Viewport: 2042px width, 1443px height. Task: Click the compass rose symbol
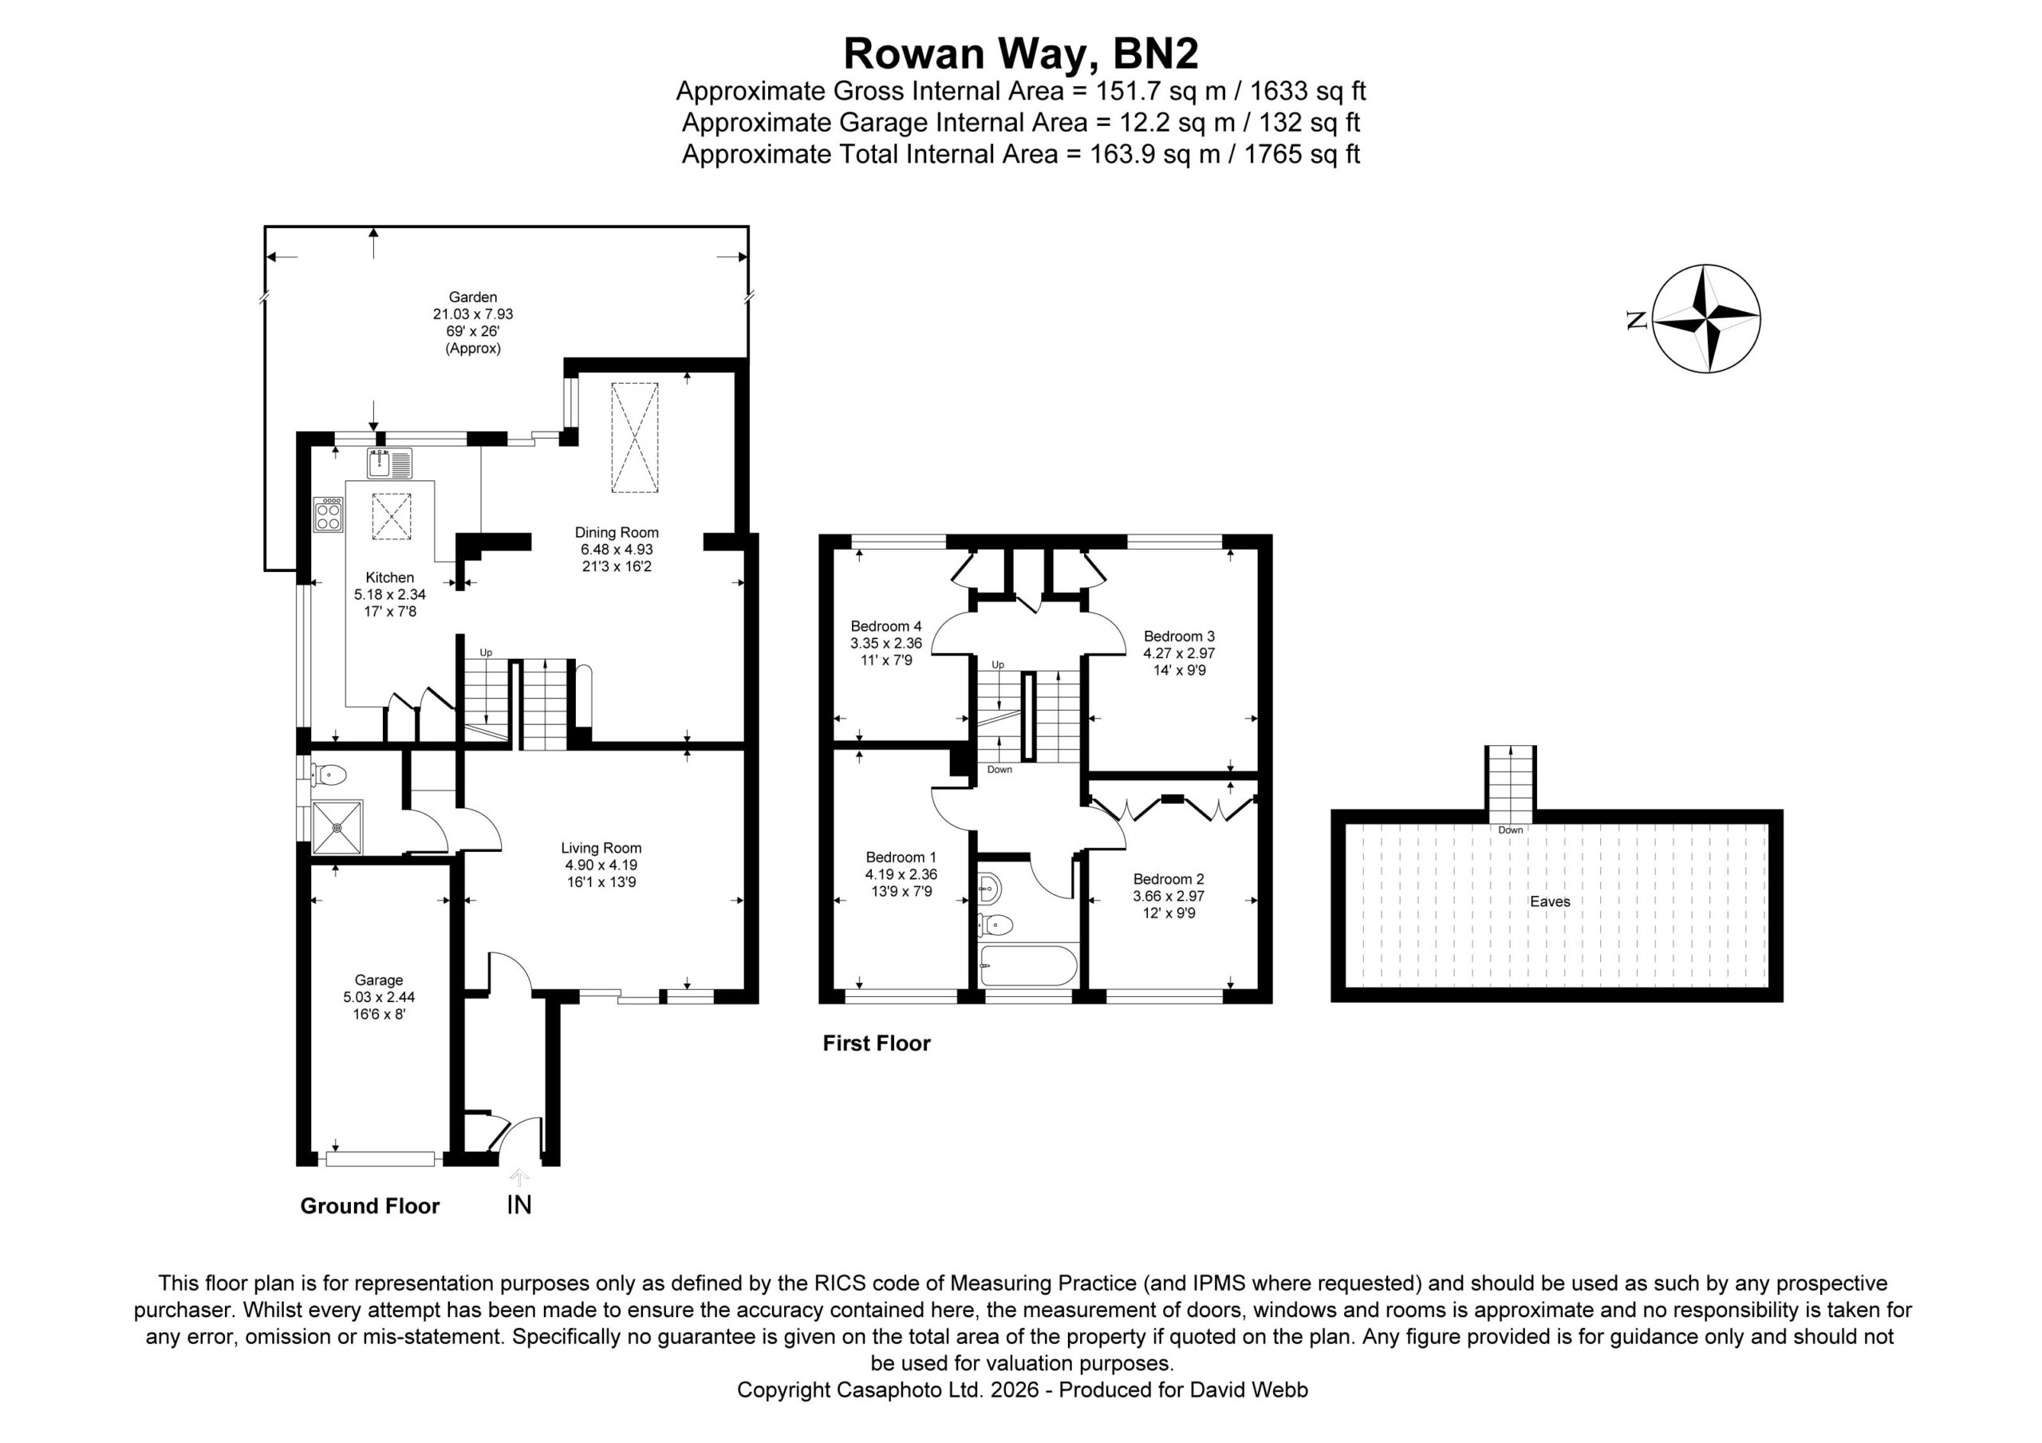pos(1706,317)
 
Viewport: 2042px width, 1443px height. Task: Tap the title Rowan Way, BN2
pos(1020,53)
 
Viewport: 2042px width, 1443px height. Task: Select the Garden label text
pos(472,298)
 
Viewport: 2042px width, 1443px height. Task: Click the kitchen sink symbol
pos(389,463)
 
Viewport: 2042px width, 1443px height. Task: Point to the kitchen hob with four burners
pos(328,515)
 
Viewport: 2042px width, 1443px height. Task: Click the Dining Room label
pos(617,532)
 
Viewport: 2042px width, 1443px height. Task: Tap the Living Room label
pos(601,848)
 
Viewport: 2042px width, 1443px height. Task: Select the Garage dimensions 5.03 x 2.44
pos(379,996)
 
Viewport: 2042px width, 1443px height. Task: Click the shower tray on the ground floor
pos(337,827)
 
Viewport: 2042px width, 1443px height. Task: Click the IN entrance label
pos(518,1204)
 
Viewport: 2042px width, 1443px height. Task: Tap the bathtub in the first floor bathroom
pos(1028,965)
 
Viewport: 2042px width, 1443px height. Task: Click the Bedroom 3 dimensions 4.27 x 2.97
pos(1179,653)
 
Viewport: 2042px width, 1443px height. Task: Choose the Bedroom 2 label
pos(1169,879)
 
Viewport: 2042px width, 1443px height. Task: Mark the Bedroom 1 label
pos(901,857)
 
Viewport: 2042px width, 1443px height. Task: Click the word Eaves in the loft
pos(1550,901)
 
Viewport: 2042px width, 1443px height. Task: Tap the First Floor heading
pos(876,1043)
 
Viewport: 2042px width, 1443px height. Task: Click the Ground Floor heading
pos(370,1205)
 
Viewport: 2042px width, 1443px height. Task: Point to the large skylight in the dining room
pos(634,437)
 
